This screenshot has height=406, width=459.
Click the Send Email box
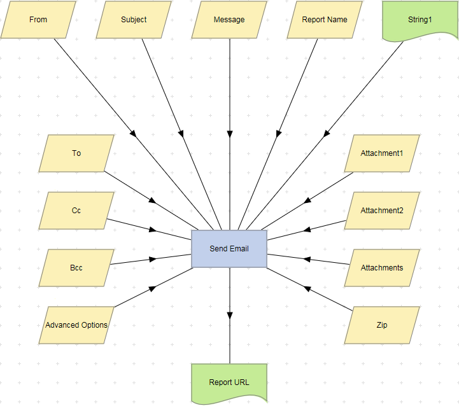point(229,249)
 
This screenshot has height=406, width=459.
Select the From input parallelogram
point(38,20)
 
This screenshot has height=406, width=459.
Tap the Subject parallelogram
point(134,20)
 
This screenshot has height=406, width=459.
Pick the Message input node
point(229,20)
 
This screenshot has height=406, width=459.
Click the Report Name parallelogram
point(325,20)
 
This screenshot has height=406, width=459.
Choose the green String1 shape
point(420,20)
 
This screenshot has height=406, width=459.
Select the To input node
point(76,153)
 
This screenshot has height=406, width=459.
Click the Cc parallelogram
point(76,211)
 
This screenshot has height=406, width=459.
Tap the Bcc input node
point(76,268)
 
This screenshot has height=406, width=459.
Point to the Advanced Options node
point(76,325)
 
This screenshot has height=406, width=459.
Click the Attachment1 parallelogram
point(382,153)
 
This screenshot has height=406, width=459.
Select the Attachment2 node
point(382,211)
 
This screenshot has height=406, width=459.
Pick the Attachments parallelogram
point(382,268)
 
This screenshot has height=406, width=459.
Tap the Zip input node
point(382,325)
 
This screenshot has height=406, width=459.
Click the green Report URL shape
point(229,382)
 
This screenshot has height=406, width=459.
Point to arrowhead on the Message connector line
point(229,134)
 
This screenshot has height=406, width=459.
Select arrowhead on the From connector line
point(133,134)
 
